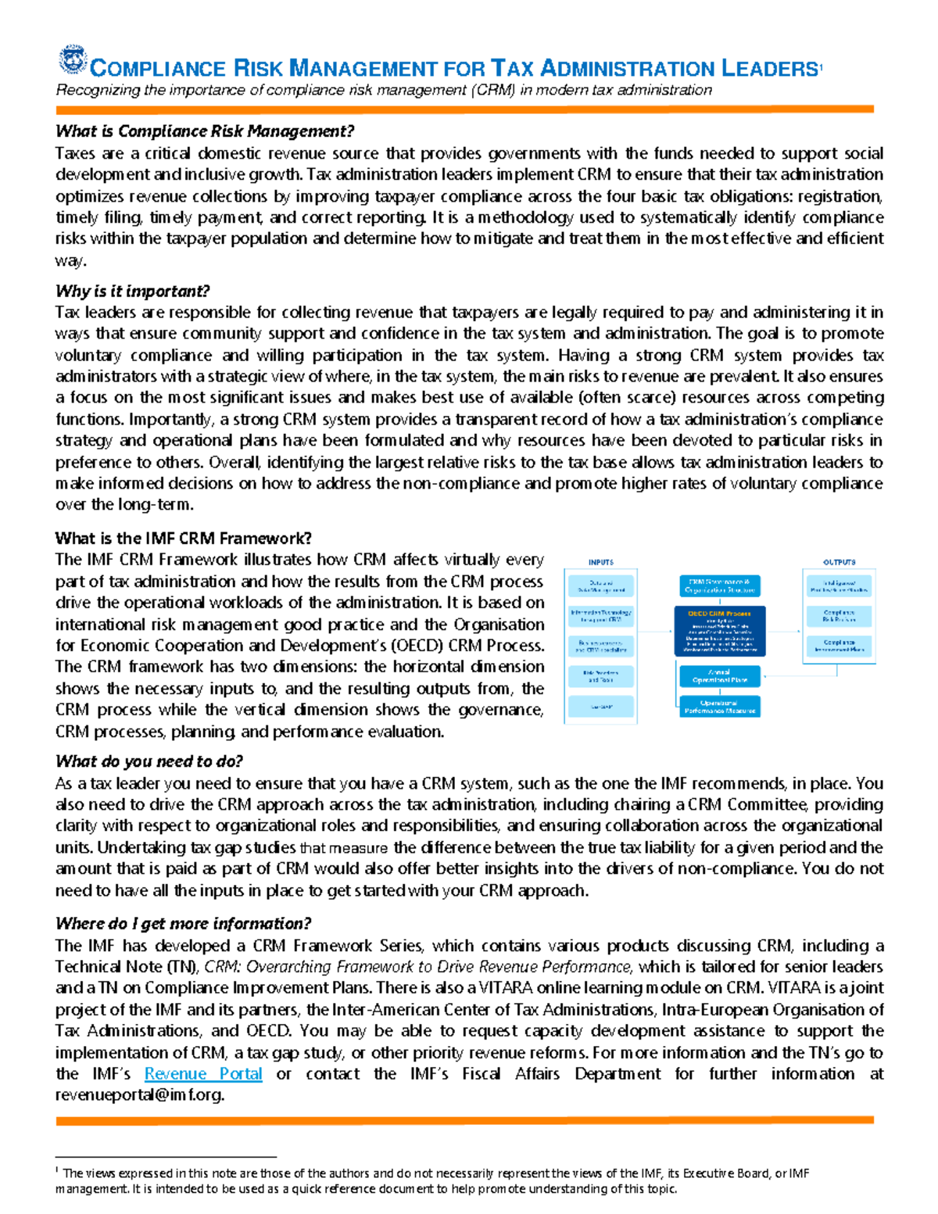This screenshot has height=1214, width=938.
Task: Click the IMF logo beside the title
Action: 73,60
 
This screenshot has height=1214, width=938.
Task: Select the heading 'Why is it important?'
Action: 132,292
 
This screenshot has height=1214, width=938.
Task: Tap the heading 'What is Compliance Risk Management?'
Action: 205,131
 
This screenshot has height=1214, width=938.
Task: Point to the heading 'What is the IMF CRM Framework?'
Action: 183,538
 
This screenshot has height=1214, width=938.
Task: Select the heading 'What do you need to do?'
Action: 149,761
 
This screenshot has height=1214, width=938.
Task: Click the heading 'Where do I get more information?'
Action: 183,924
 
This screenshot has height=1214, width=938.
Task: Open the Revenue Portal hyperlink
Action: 203,1074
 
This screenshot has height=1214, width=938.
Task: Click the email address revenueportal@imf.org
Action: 139,1095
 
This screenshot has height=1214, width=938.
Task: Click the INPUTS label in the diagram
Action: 600,562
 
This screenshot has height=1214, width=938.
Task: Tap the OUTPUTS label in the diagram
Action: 839,562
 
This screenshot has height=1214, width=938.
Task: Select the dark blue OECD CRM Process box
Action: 719,631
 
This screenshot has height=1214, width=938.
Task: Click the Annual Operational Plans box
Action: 719,676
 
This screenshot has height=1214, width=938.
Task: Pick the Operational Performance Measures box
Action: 719,707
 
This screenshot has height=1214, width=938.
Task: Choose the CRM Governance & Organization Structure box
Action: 719,586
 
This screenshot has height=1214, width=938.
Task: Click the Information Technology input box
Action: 600,616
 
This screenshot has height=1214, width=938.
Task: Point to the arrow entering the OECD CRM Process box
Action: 657,631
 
